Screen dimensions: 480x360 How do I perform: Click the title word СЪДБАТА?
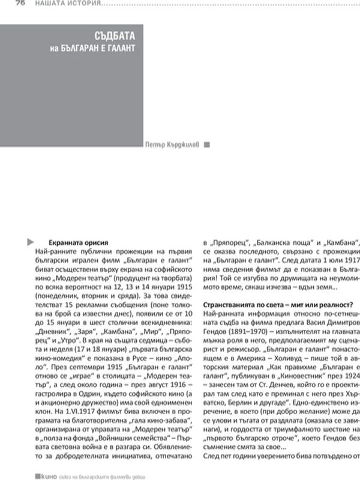coord(116,35)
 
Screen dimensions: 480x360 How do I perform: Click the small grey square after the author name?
coord(207,144)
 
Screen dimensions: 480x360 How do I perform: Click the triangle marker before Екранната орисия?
coord(29,241)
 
